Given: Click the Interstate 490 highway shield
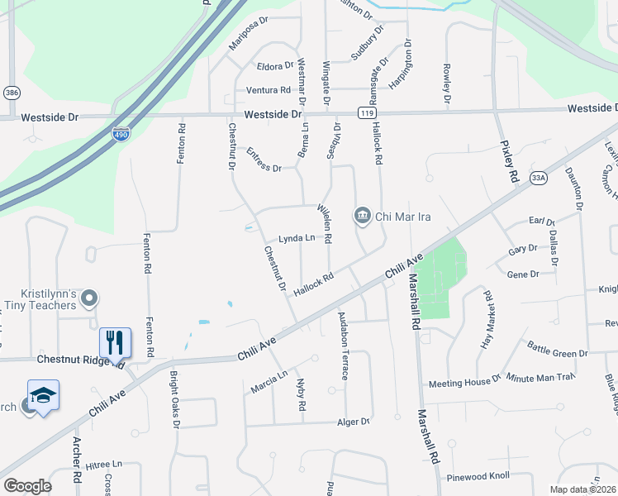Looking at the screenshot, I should pos(121,133).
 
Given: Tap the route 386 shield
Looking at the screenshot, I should pos(12,93).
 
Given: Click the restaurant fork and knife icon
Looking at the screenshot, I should pos(116,341).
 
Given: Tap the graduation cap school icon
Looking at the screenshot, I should pos(43,394).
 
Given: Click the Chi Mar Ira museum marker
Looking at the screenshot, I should pos(363,217).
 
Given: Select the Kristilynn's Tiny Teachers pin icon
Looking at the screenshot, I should pos(91,298).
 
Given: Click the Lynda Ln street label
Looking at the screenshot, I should pos(297,239).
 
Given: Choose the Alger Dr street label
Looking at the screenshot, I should pos(353,422).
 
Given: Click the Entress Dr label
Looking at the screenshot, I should pos(264,160).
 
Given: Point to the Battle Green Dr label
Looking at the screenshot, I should pos(557,352).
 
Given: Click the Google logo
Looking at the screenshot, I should pos(27,485).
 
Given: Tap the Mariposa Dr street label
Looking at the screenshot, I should pos(250,33).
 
